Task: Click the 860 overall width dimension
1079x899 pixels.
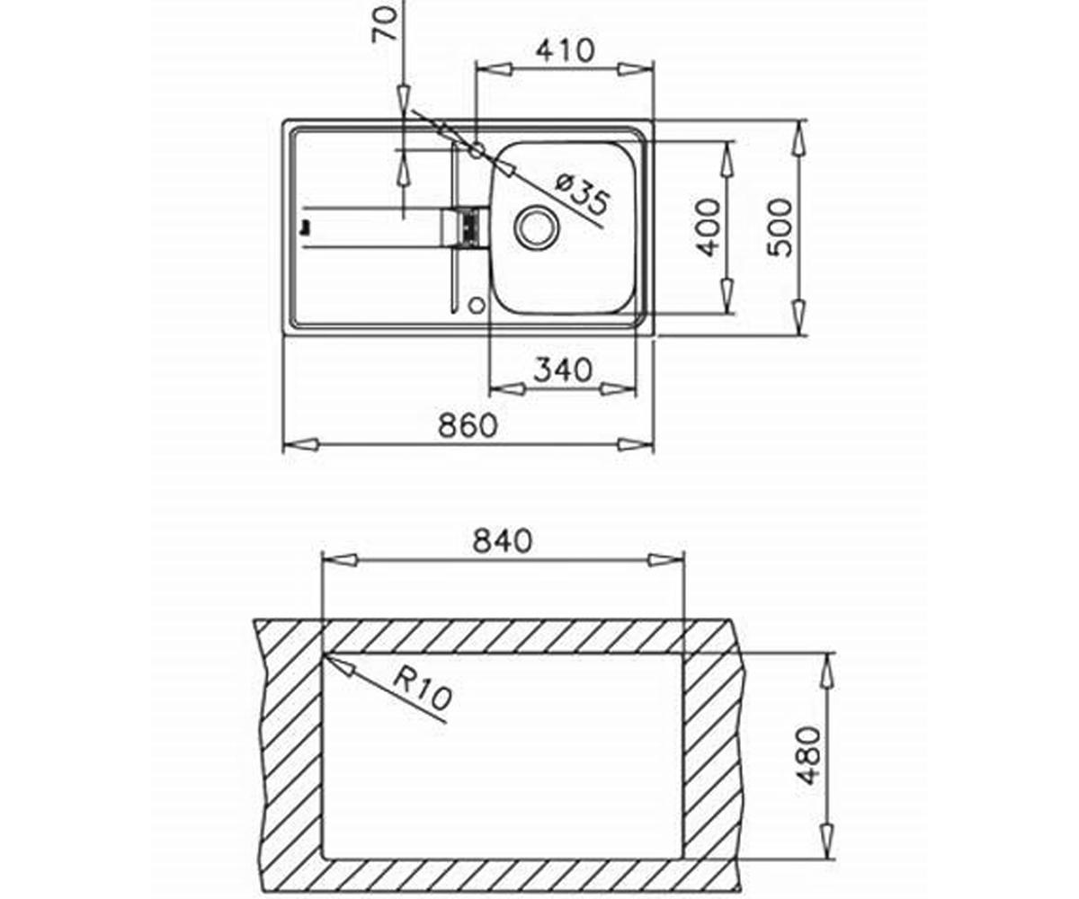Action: (x=468, y=425)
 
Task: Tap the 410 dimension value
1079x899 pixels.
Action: (x=566, y=50)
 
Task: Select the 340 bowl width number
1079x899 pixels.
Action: (x=563, y=369)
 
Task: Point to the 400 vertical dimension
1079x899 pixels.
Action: (x=708, y=227)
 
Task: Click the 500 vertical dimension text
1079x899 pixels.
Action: (x=780, y=227)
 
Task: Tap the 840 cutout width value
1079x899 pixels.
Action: (x=503, y=541)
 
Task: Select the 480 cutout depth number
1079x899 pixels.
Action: (x=808, y=755)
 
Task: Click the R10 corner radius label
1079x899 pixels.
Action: (x=423, y=688)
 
